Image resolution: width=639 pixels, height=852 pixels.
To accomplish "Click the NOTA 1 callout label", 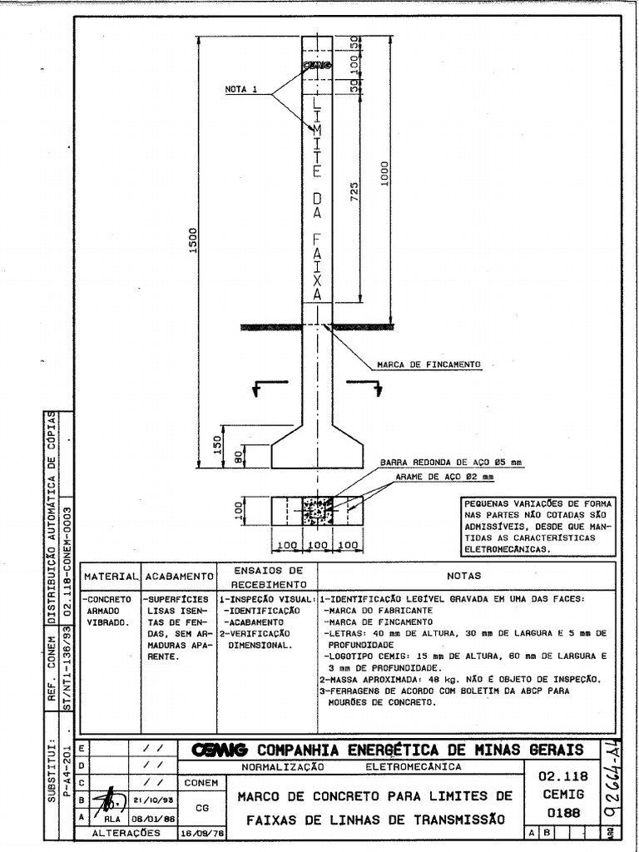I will pyautogui.click(x=240, y=89).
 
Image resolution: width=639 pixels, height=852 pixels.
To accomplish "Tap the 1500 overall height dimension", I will pyautogui.click(x=191, y=243).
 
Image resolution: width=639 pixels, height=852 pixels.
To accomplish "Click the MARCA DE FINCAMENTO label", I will pyautogui.click(x=428, y=364).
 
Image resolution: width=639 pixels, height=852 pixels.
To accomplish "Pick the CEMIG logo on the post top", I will pyautogui.click(x=317, y=64).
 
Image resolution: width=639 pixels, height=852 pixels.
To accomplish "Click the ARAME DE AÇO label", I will pyautogui.click(x=444, y=478).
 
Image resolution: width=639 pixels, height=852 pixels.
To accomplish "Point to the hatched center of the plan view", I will pyautogui.click(x=317, y=510).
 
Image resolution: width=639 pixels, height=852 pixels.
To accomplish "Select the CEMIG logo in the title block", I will pyautogui.click(x=220, y=750).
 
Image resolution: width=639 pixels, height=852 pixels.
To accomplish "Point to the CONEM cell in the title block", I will pyautogui.click(x=201, y=783).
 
